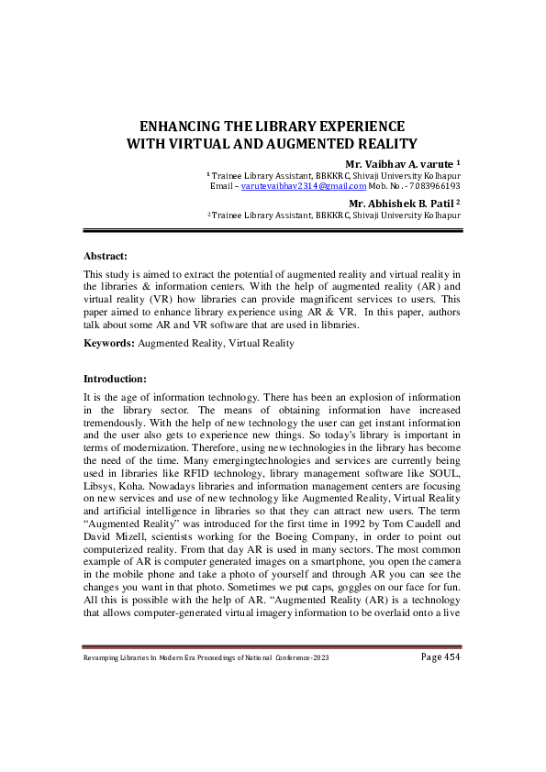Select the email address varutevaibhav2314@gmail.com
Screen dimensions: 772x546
pos(291,186)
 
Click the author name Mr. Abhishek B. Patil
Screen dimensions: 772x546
pos(398,203)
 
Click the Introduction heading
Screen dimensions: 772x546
pos(116,378)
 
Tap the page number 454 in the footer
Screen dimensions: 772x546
pos(445,657)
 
